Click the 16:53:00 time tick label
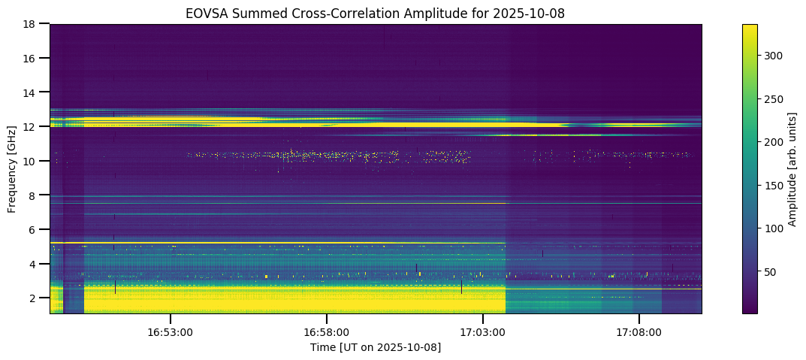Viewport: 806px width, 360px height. click(x=171, y=331)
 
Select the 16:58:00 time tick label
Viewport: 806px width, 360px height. click(x=327, y=331)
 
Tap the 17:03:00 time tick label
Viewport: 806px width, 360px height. click(x=483, y=331)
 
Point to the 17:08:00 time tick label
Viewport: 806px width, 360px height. click(x=639, y=331)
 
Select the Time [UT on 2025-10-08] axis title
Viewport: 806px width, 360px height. click(x=376, y=347)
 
